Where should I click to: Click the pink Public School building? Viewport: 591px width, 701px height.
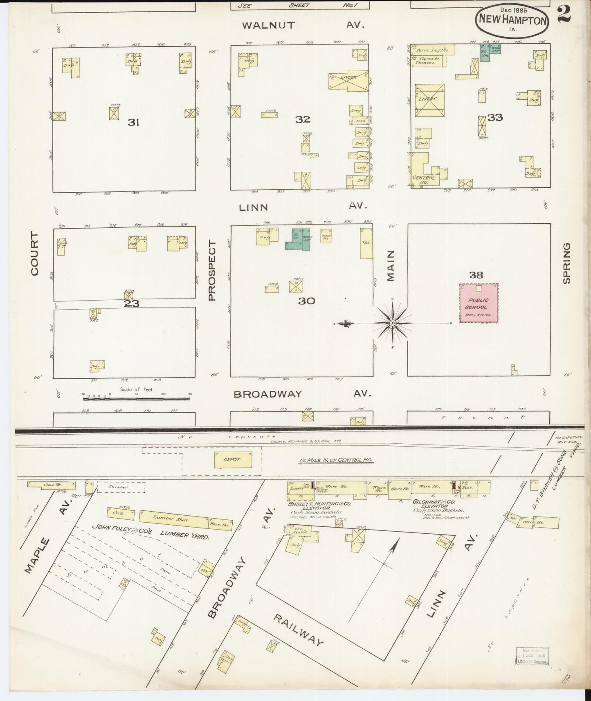point(479,303)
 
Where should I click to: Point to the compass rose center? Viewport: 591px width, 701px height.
point(392,323)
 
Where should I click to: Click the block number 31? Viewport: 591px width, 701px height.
point(133,122)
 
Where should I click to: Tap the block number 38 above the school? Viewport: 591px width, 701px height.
point(476,275)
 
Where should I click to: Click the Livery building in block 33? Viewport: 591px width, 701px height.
point(429,99)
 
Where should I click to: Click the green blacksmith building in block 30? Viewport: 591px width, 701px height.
point(297,240)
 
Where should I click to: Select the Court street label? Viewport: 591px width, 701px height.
point(34,254)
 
